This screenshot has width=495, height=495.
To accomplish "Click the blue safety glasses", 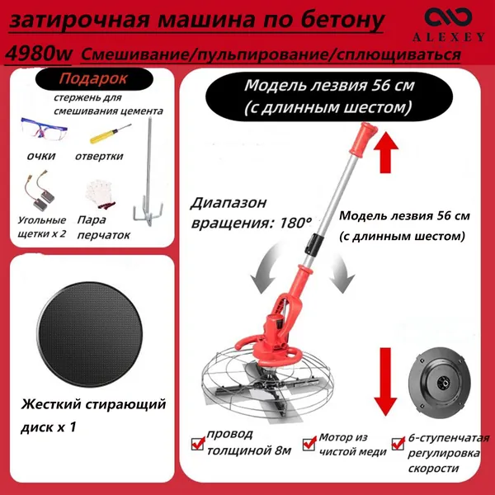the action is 44,130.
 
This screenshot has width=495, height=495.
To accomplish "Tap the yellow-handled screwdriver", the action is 111,134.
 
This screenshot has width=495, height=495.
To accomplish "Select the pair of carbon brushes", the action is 40,191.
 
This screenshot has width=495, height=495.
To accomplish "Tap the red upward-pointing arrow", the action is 386,152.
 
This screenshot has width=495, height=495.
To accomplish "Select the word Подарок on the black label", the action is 93,78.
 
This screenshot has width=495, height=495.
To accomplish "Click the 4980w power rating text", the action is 39,54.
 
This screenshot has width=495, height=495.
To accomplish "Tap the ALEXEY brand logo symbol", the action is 448,17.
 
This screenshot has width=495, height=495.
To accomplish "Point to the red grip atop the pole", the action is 363,139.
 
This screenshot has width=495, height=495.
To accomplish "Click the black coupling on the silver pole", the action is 313,243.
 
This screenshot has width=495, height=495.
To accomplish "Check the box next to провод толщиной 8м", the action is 198,443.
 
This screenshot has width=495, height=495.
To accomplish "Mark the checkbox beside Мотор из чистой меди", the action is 309,443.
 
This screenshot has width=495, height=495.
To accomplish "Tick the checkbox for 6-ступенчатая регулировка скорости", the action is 398,443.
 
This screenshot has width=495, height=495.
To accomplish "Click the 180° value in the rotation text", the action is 295,223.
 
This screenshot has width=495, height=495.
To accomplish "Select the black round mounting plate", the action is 440,383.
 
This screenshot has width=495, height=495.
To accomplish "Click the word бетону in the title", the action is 342,21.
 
